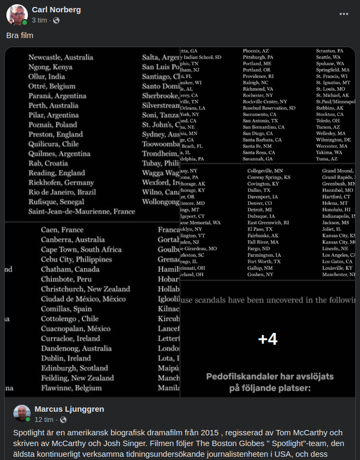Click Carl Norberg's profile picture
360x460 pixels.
(17, 14)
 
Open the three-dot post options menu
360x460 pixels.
(343, 14)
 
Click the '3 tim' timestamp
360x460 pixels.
(39, 20)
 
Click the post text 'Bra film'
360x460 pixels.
(20, 35)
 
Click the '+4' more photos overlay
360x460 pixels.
(267, 339)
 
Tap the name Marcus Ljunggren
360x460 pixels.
(69, 409)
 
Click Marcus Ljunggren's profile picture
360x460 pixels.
(22, 413)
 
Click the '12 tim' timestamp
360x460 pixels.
(44, 420)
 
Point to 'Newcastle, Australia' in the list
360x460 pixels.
(61, 57)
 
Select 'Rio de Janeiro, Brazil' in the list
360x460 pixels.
(62, 192)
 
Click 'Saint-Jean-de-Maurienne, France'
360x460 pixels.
(81, 212)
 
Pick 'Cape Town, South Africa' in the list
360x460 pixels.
(81, 250)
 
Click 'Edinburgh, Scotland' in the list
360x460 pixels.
(74, 368)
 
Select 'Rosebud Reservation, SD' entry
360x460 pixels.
(269, 108)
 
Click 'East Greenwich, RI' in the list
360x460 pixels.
(268, 222)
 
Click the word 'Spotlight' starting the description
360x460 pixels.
(28, 432)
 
